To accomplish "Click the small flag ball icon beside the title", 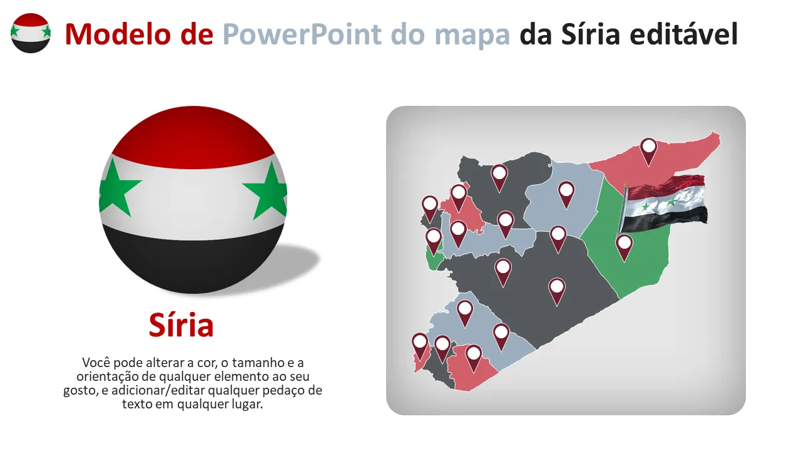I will point(30,33).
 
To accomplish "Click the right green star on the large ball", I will point(266,190).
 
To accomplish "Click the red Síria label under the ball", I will point(181,325).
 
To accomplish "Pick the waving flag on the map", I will point(666,200).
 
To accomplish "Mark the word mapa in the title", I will point(473,34).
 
